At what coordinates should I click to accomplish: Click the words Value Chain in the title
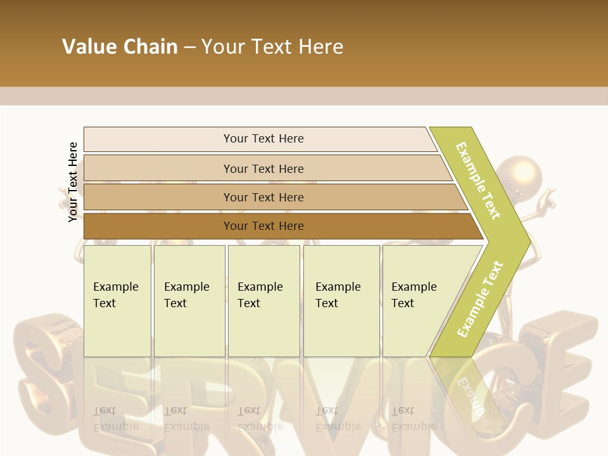pyautogui.click(x=120, y=47)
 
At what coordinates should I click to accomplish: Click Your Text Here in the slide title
pyautogui.click(x=272, y=47)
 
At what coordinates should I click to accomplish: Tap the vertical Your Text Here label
pyautogui.click(x=73, y=182)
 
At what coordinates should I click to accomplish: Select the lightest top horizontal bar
pyautogui.click(x=263, y=139)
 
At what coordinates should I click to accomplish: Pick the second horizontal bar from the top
pyautogui.click(x=263, y=168)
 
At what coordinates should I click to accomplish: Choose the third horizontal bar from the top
pyautogui.click(x=263, y=197)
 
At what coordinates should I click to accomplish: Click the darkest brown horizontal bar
pyautogui.click(x=263, y=226)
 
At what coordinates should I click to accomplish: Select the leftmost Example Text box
pyautogui.click(x=117, y=301)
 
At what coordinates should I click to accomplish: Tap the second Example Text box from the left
pyautogui.click(x=189, y=301)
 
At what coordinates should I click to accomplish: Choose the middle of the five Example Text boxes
pyautogui.click(x=263, y=301)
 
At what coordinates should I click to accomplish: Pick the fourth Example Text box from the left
pyautogui.click(x=341, y=301)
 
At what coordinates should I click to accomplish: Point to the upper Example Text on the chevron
pyautogui.click(x=478, y=181)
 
